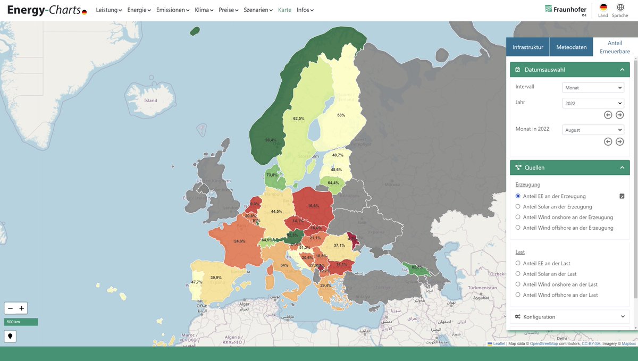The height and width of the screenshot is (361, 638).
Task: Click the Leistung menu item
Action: pyautogui.click(x=108, y=10)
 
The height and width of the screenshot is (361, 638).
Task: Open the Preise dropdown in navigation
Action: pyautogui.click(x=229, y=10)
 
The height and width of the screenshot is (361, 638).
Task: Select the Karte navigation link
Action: pyautogui.click(x=284, y=10)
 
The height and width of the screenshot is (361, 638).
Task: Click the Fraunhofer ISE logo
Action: pyautogui.click(x=566, y=10)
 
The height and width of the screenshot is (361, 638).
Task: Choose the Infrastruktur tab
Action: pyautogui.click(x=527, y=47)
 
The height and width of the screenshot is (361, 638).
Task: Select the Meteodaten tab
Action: pyautogui.click(x=571, y=47)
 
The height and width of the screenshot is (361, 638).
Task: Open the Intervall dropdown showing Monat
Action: pyautogui.click(x=593, y=88)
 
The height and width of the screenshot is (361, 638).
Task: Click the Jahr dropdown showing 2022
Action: pyautogui.click(x=593, y=104)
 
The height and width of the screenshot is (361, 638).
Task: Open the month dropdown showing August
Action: pyautogui.click(x=593, y=130)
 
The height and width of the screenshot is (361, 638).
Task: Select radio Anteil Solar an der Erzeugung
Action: pyautogui.click(x=518, y=207)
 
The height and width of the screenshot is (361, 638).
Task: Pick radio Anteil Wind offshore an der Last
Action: pyautogui.click(x=518, y=295)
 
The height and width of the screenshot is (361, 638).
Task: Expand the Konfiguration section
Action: pyautogui.click(x=569, y=317)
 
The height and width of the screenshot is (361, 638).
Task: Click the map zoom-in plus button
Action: pyautogui.click(x=22, y=308)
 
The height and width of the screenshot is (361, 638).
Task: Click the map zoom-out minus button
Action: pyautogui.click(x=10, y=308)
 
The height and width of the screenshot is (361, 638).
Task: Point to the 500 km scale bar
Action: pyautogui.click(x=21, y=322)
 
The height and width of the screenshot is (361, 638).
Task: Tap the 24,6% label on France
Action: pyautogui.click(x=240, y=241)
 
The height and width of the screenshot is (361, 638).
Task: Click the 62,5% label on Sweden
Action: pyautogui.click(x=299, y=119)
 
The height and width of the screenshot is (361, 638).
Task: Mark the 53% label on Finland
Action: pyautogui.click(x=341, y=115)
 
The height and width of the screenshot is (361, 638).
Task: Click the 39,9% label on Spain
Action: pyautogui.click(x=216, y=278)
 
